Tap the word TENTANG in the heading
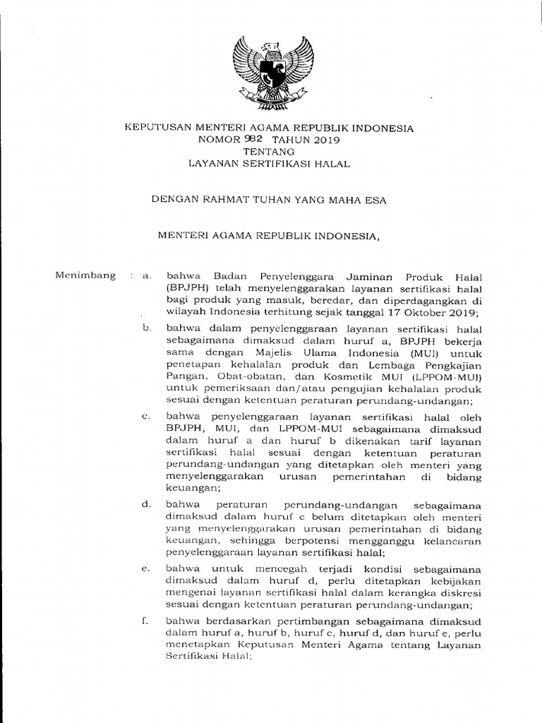point(269,151)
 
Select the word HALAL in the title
point(332,163)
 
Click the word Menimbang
point(85,275)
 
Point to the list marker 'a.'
point(147,276)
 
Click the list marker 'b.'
point(147,328)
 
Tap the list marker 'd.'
point(147,504)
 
